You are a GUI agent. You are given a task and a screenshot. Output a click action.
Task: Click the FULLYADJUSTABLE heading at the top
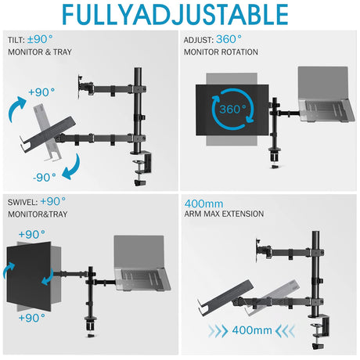coord(179,16)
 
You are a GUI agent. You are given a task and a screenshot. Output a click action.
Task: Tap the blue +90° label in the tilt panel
coord(44,92)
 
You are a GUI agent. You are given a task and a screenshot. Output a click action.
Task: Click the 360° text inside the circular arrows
coord(236,109)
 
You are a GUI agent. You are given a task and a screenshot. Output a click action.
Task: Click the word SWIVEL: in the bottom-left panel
coord(23,201)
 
